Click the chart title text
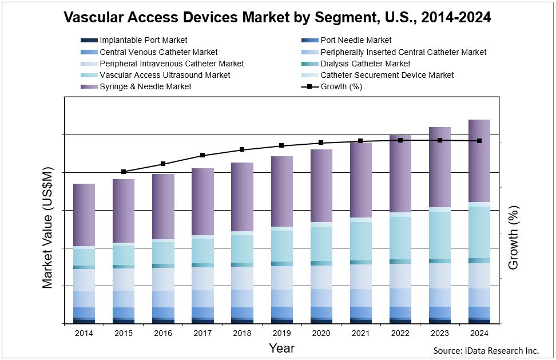277,17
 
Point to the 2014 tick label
84,333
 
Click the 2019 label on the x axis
281,333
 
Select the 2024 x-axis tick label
479,333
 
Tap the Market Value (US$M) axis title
48,227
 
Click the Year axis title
281,348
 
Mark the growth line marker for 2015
124,172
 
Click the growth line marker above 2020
321,143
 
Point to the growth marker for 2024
479,141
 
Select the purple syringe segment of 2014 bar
84,215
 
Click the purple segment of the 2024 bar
479,160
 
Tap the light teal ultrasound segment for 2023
440,235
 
